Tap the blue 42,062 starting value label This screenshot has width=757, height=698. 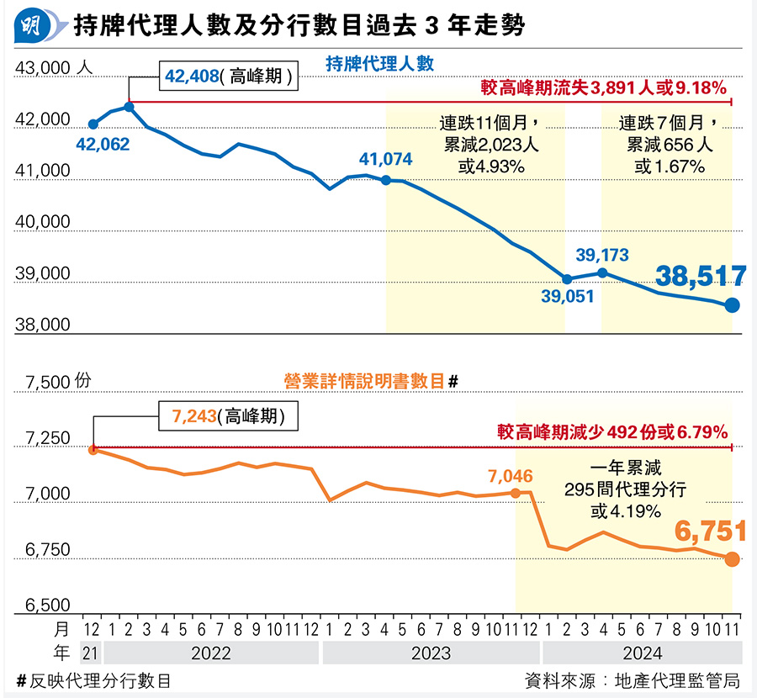[x=103, y=145]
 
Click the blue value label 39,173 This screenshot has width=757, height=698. [x=602, y=253]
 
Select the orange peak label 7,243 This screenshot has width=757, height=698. [x=194, y=416]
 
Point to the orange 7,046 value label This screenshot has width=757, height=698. [x=510, y=477]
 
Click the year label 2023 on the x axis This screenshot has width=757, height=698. [x=431, y=653]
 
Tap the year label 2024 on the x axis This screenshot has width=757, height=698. [x=643, y=653]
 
